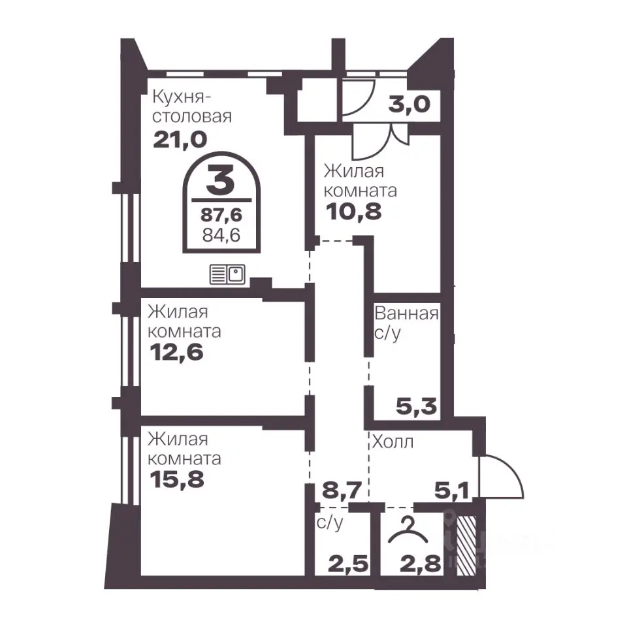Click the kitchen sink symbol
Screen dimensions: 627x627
point(227,274)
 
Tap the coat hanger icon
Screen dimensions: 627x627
point(408,530)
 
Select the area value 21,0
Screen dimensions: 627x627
point(180,140)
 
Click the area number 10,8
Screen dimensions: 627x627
point(354,212)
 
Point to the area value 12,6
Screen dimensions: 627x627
point(177,352)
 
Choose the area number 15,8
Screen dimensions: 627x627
point(177,479)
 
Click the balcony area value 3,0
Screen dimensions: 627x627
point(409,104)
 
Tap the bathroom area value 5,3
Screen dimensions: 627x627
point(416,407)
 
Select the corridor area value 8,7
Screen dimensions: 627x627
point(342,490)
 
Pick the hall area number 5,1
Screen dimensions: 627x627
point(451,490)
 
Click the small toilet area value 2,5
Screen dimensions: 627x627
point(348,564)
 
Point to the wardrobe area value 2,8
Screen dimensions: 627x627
point(421,564)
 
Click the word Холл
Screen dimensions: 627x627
point(393,442)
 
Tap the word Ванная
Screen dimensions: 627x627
point(406,313)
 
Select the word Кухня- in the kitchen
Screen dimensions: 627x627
point(182,97)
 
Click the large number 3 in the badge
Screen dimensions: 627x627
point(220,181)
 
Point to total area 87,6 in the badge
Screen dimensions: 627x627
point(221,215)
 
